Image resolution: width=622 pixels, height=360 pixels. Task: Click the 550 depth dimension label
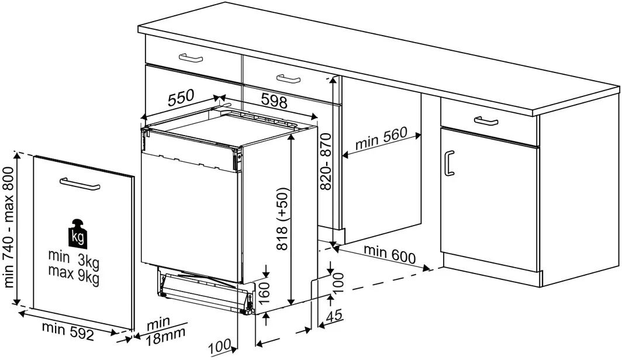coord(181,98)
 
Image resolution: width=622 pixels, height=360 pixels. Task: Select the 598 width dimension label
coord(274,101)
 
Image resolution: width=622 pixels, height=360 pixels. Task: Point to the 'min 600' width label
coord(389,255)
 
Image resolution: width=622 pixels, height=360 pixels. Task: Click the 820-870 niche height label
coord(326,162)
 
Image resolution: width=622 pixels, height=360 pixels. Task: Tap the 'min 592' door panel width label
coord(68,331)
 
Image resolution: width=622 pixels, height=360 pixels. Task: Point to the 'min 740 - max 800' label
coord(8,227)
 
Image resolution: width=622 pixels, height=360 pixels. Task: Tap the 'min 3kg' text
coord(74,258)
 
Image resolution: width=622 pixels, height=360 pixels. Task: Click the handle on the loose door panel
coord(80,184)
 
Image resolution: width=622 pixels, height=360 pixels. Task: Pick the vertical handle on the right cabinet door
coord(449,163)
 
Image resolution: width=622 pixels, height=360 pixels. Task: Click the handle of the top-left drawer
coord(191,58)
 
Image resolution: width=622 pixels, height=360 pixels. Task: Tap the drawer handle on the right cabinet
coord(486,121)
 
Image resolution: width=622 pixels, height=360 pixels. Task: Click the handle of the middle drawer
coord(288,79)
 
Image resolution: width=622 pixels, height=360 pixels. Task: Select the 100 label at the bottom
coord(220,347)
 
